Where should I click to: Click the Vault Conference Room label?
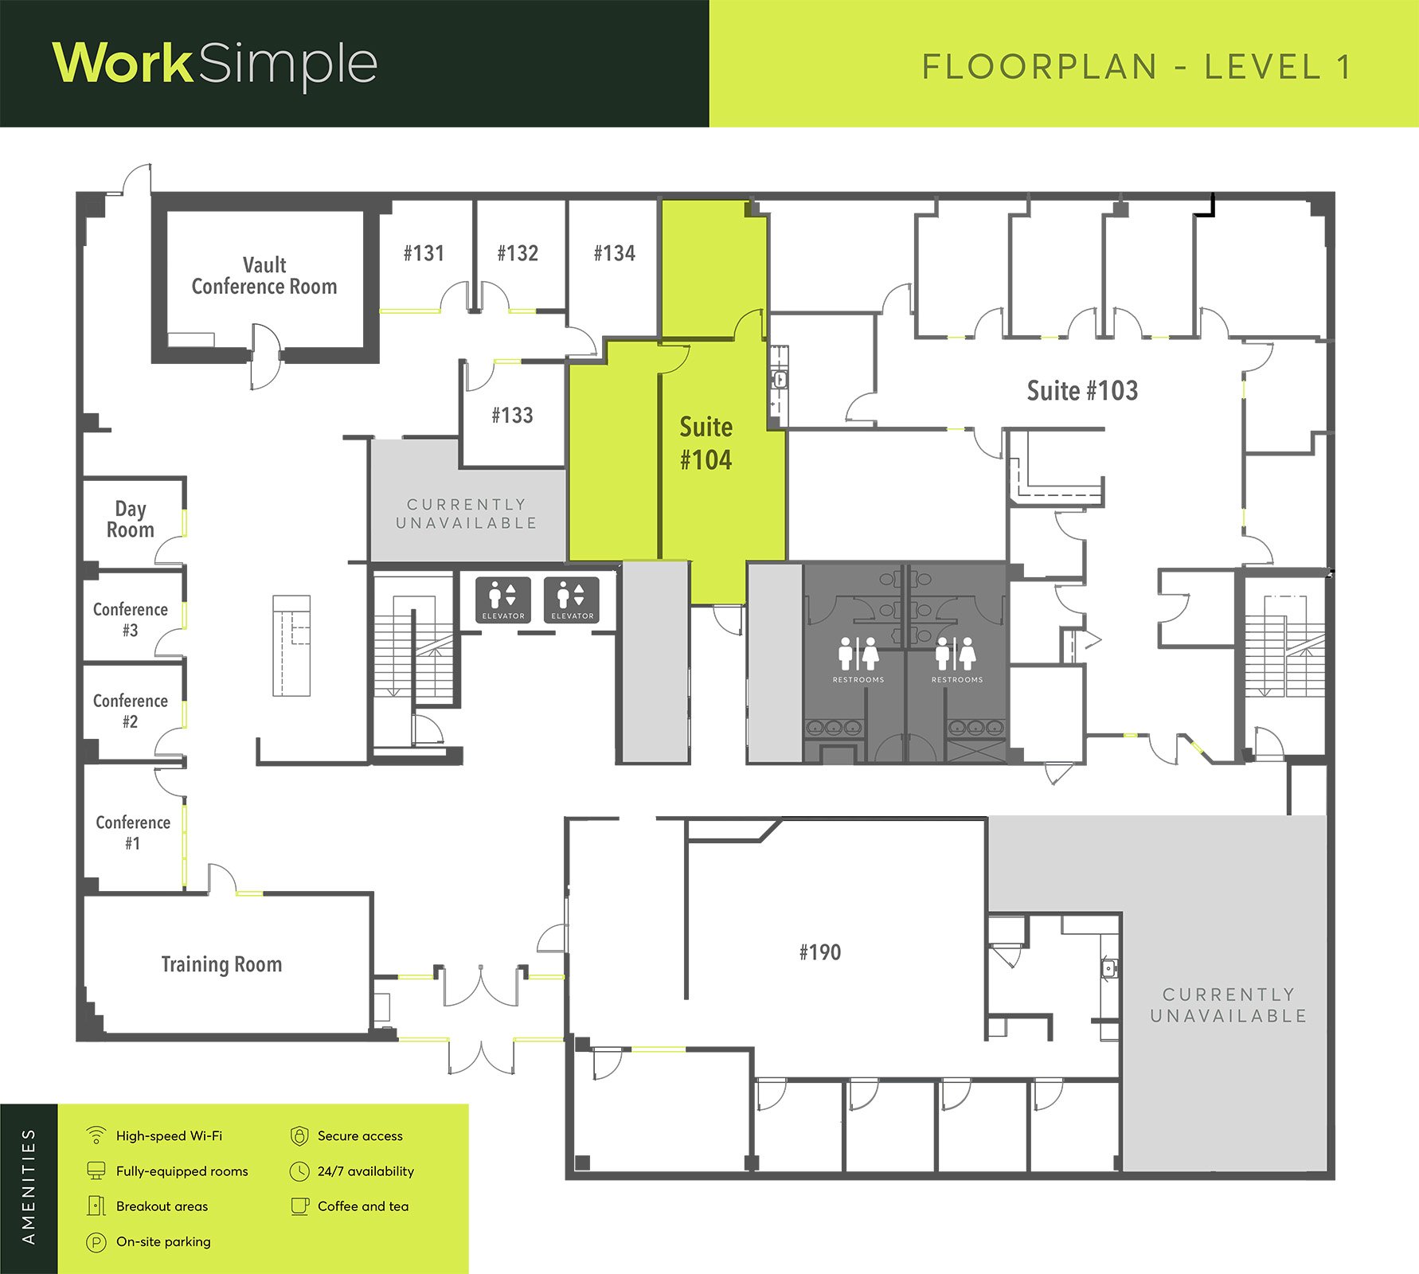(264, 276)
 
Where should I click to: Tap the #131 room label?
(424, 253)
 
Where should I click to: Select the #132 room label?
(518, 253)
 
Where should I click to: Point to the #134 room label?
(615, 253)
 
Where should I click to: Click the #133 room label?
(512, 415)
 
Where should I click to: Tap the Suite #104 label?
(706, 443)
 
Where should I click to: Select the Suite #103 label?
(1082, 390)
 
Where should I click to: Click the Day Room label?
(131, 519)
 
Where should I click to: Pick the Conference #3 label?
(131, 619)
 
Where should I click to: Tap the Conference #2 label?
(131, 711)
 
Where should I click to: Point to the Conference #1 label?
(133, 833)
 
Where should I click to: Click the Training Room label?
(221, 964)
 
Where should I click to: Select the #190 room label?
(820, 952)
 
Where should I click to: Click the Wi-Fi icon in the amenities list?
(96, 1135)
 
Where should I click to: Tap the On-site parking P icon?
(96, 1242)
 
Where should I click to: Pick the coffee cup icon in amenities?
(300, 1206)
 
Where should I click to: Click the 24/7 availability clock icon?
(299, 1171)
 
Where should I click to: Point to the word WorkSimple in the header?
(215, 64)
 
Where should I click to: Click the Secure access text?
(360, 1136)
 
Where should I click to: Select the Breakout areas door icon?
(96, 1206)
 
